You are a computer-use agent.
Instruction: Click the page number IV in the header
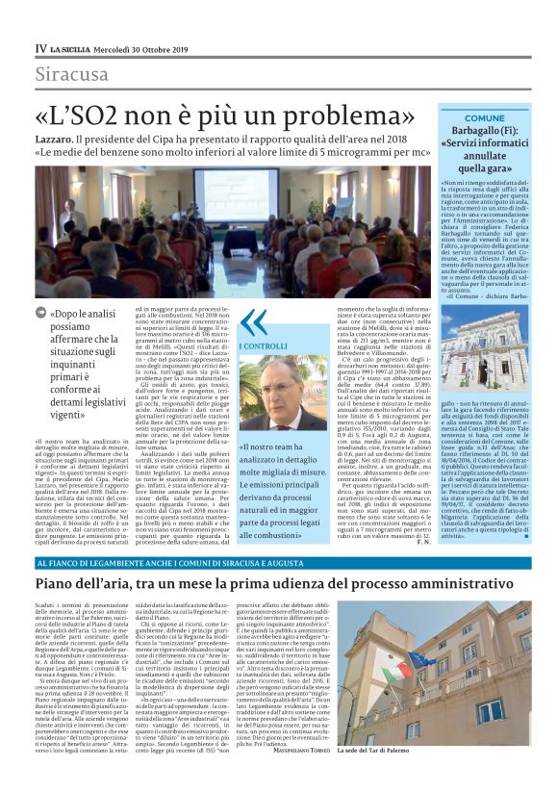40,48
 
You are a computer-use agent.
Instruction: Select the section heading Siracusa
72,74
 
